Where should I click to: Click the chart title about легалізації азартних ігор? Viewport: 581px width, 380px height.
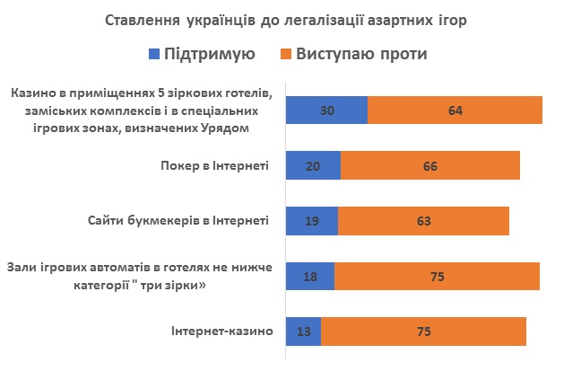coord(290,20)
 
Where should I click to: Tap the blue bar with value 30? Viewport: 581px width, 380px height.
coord(326,110)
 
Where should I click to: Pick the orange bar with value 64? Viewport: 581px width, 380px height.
coord(455,110)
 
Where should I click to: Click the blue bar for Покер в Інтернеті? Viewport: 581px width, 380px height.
coord(313,166)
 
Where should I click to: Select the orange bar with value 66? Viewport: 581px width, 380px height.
coord(430,166)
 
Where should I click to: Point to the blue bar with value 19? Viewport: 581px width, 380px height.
coord(311,221)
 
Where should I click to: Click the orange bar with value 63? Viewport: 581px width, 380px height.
coord(423,221)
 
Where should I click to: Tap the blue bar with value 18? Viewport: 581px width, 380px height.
coord(309,277)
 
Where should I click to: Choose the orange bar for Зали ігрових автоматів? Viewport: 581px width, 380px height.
coord(437,277)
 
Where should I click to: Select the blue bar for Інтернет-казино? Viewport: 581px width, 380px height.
coord(303,331)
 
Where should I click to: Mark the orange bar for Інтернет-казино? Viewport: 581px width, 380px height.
coord(423,331)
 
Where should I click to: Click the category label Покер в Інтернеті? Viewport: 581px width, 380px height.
coord(213,166)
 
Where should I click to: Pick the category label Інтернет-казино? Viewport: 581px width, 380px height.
coord(221,331)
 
